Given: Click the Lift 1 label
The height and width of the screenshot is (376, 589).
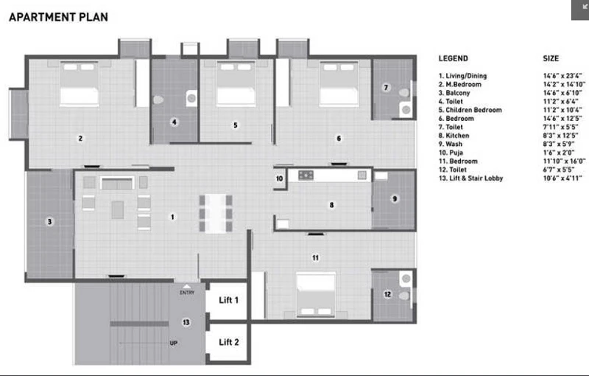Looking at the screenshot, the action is point(228,300).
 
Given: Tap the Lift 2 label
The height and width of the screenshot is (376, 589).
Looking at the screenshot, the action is point(229,342).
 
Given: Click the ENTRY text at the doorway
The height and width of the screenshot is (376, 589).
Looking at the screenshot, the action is point(187,293).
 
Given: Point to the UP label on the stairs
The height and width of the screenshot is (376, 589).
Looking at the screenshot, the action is point(174,343).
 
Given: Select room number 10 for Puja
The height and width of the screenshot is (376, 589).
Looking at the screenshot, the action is point(280,178).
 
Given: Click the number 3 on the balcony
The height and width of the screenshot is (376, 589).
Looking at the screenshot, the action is point(49,221).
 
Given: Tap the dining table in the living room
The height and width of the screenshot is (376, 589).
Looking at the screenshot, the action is point(216,214).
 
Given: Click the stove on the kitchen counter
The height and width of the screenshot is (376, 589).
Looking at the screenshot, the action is point(306,175).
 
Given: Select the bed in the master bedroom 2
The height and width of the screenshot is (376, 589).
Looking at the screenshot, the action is point(80,83).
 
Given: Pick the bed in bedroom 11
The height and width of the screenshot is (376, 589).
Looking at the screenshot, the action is point(316,295).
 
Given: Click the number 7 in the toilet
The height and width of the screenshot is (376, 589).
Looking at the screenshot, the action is point(386,88).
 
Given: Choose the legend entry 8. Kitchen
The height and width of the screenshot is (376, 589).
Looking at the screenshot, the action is point(454,136).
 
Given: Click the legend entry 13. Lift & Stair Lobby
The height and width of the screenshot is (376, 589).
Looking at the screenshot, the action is point(470,178).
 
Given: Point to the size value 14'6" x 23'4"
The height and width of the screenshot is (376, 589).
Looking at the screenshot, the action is point(562,76).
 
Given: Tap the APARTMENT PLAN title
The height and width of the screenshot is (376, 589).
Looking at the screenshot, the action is point(59,17).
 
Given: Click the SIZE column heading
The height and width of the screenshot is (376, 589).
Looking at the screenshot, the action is point(551,58).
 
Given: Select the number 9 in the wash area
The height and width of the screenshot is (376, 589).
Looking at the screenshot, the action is point(395,199).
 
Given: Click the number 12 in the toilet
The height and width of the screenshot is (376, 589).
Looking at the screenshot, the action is point(388,294).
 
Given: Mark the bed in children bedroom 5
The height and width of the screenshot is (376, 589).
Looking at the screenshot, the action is point(236,83).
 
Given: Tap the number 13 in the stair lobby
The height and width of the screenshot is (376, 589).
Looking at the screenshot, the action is point(186,322).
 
